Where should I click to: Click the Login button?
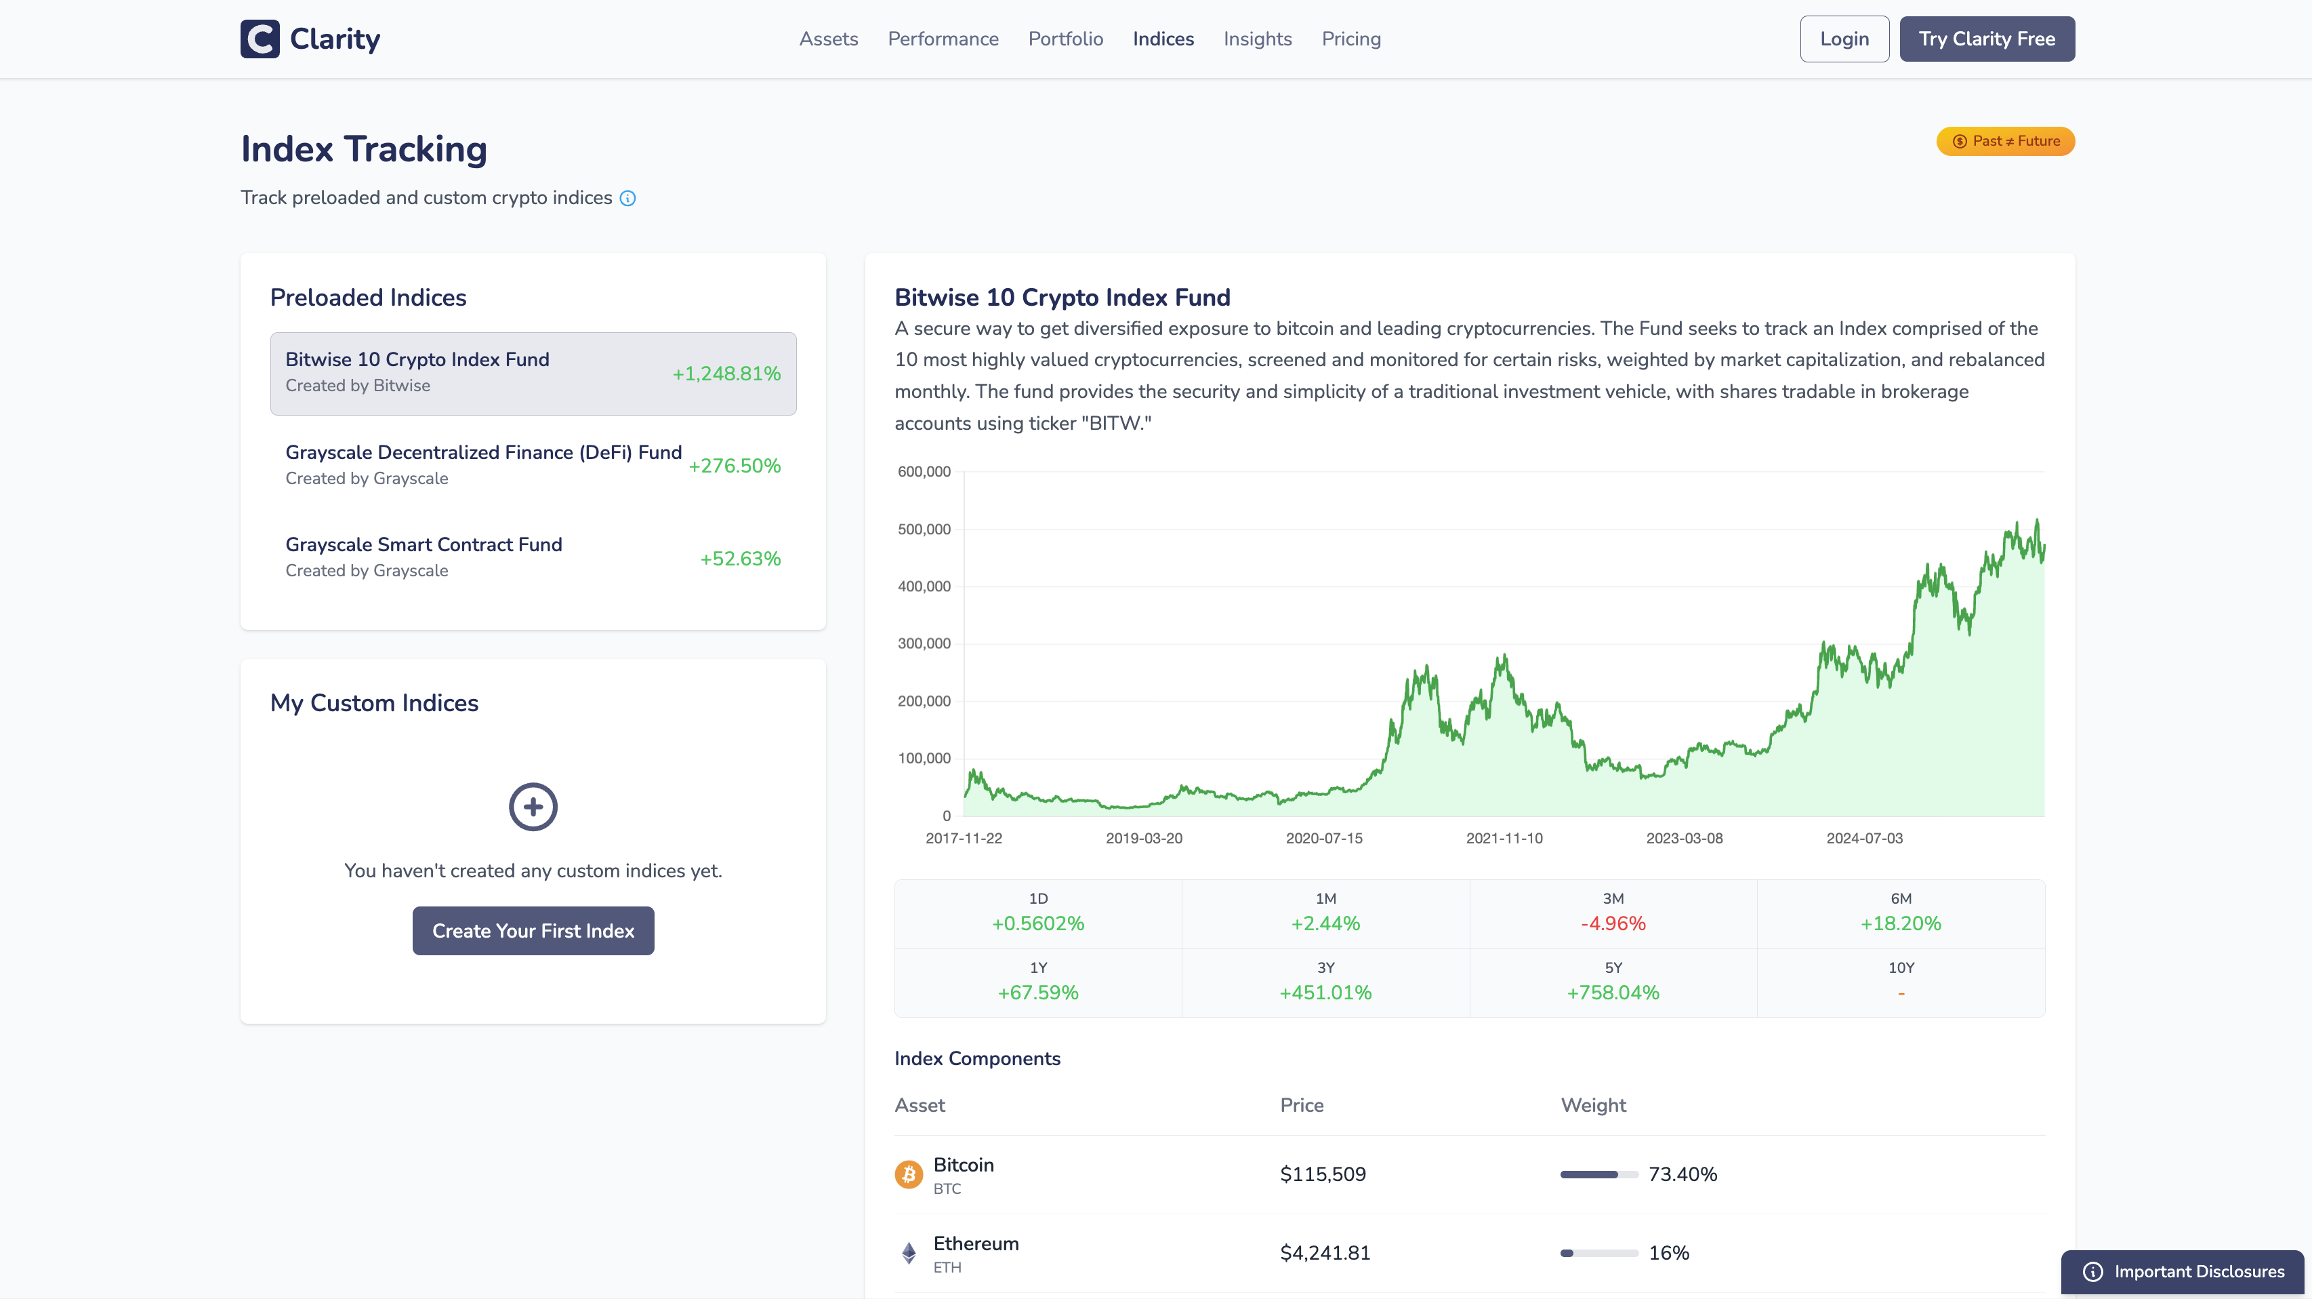coord(1844,39)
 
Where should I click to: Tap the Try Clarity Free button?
coord(1986,39)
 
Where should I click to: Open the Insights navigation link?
coord(1256,39)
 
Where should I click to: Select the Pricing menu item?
coord(1350,39)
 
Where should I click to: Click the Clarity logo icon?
coord(260,39)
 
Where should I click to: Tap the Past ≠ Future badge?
coord(2004,141)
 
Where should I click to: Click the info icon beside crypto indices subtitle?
coord(627,199)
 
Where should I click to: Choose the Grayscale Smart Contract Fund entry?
coord(424,545)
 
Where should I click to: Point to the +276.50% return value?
coord(734,466)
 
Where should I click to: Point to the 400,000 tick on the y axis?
coord(924,586)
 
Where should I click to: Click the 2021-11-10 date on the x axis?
coord(1504,837)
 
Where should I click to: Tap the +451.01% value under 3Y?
coord(1325,992)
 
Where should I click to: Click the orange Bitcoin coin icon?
coord(908,1174)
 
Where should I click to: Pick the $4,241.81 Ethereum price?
coord(1324,1252)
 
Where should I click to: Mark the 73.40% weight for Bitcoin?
coord(1682,1174)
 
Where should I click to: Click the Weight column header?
coord(1592,1105)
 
